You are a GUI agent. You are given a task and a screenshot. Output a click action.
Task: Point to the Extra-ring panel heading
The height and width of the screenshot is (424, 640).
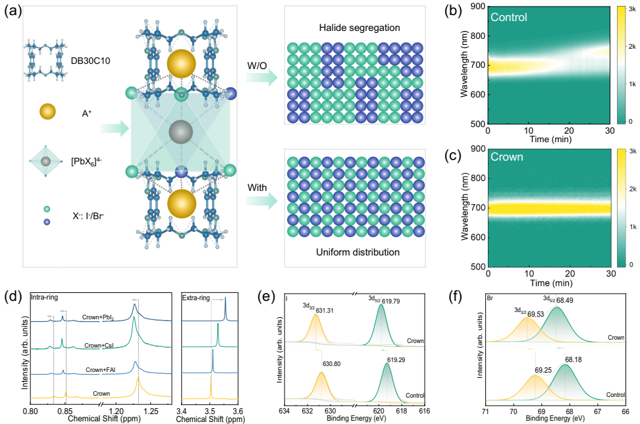coord(196,298)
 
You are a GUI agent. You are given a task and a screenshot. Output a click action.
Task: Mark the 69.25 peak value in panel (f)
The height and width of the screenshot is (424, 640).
coord(525,361)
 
